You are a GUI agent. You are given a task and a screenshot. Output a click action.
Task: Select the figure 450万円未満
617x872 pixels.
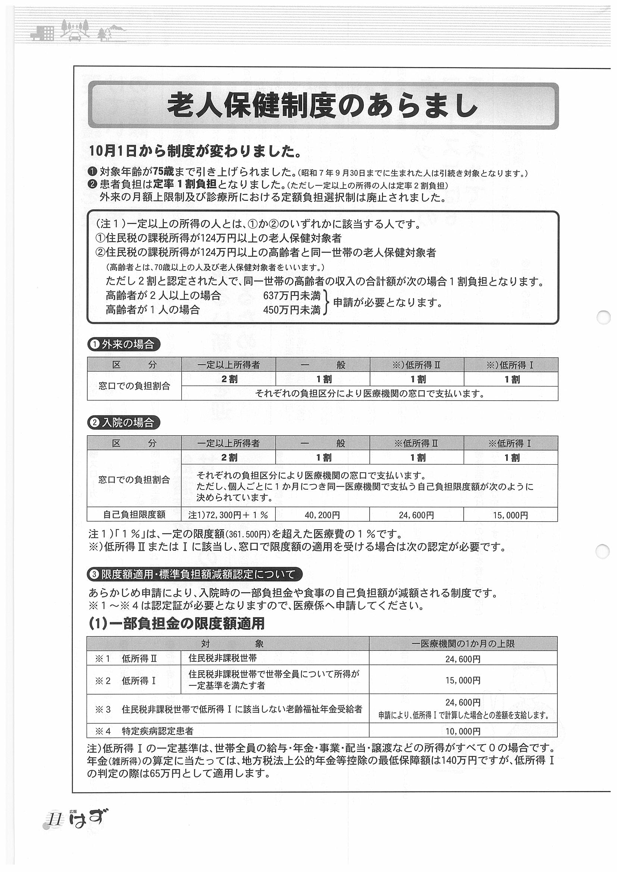(292, 310)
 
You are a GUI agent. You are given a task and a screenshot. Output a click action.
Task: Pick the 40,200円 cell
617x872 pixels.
(322, 515)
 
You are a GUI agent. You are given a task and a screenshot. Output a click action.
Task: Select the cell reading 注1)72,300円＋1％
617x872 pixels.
(228, 515)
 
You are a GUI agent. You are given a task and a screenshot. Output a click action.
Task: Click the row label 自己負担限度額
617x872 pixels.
(134, 515)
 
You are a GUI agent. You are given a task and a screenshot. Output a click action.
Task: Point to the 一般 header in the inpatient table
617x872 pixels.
(322, 443)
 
